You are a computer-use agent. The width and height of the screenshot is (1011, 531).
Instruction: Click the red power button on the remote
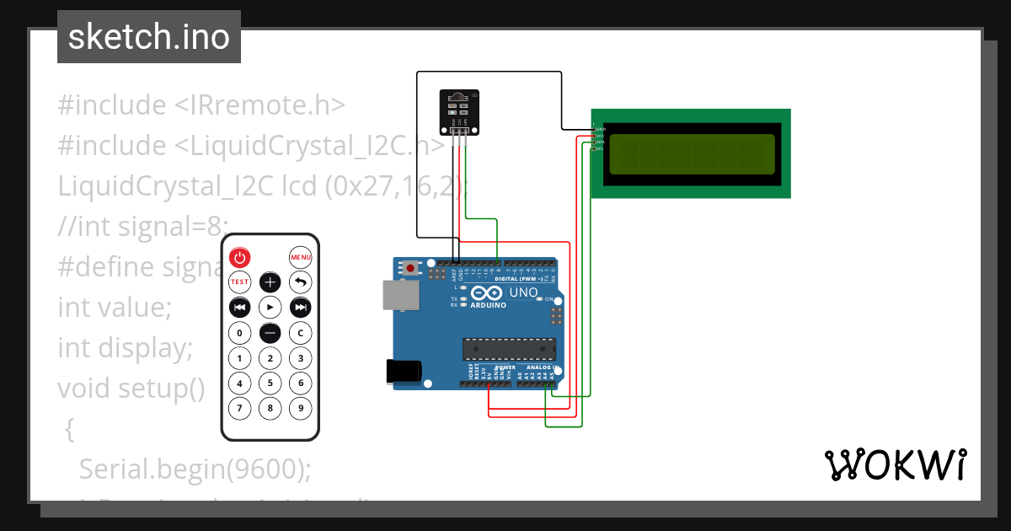pos(240,257)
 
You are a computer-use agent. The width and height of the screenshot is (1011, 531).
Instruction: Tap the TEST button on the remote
pos(240,282)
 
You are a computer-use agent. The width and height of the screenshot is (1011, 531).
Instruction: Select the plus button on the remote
pos(270,282)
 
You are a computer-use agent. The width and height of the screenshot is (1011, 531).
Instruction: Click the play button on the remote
pos(270,307)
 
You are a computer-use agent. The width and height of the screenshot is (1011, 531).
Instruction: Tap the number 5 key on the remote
pos(270,383)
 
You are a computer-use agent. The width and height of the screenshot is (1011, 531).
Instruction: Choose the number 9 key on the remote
pos(300,409)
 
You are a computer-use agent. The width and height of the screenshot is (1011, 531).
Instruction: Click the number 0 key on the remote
pos(240,333)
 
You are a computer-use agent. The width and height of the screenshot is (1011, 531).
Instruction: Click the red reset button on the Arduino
pos(410,269)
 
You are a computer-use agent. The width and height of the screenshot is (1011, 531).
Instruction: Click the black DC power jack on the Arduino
pos(403,372)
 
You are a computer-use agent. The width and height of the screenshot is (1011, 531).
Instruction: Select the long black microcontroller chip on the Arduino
pos(509,348)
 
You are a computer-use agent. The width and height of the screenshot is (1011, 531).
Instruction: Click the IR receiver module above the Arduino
pos(459,111)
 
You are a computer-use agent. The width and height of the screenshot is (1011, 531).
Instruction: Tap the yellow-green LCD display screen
pos(691,154)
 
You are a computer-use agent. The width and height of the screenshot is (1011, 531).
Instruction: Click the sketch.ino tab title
pos(149,37)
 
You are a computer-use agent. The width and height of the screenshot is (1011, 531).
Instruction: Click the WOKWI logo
pos(895,464)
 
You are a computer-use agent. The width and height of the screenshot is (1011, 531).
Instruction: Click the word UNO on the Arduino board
pos(524,292)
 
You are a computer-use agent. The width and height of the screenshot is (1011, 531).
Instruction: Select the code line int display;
pos(126,347)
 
